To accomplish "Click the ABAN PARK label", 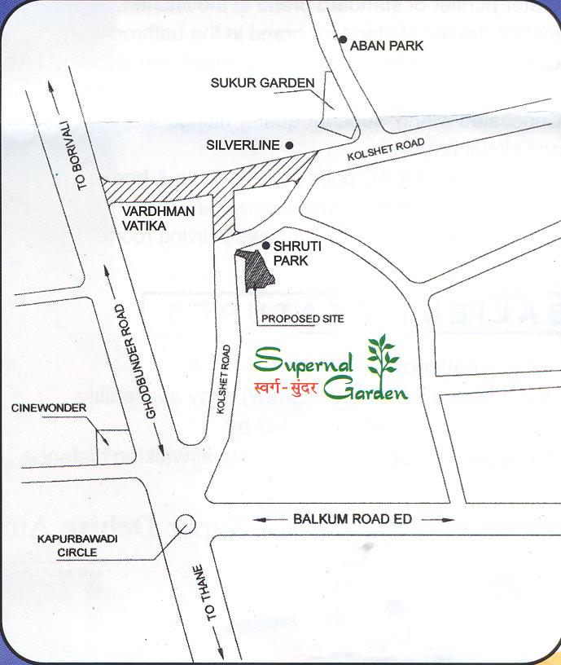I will tap(387, 46).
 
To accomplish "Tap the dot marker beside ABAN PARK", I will tap(344, 40).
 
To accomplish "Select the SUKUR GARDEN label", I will tap(262, 83).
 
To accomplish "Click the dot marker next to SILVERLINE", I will tap(288, 145).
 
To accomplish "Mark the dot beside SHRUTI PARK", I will tap(266, 245).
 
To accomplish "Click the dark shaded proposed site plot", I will tap(258, 268).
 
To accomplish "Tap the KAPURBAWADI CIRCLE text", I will tap(68, 545).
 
